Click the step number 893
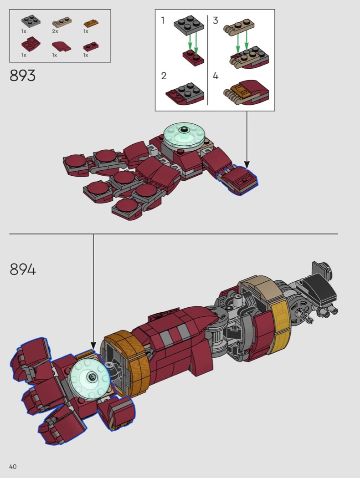[x=23, y=75]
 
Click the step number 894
[x=23, y=270]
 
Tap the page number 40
[x=13, y=467]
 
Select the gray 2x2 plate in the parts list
[x=31, y=21]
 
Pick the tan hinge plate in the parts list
[x=62, y=23]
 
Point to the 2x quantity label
[x=55, y=31]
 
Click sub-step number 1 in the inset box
[x=163, y=20]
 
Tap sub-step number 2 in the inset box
[x=164, y=76]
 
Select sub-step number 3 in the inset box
[x=216, y=20]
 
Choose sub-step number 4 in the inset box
[x=216, y=76]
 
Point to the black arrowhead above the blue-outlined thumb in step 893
[x=247, y=165]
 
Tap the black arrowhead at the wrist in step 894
[x=93, y=346]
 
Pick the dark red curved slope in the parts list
[x=62, y=46]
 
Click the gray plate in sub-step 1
[x=189, y=25]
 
